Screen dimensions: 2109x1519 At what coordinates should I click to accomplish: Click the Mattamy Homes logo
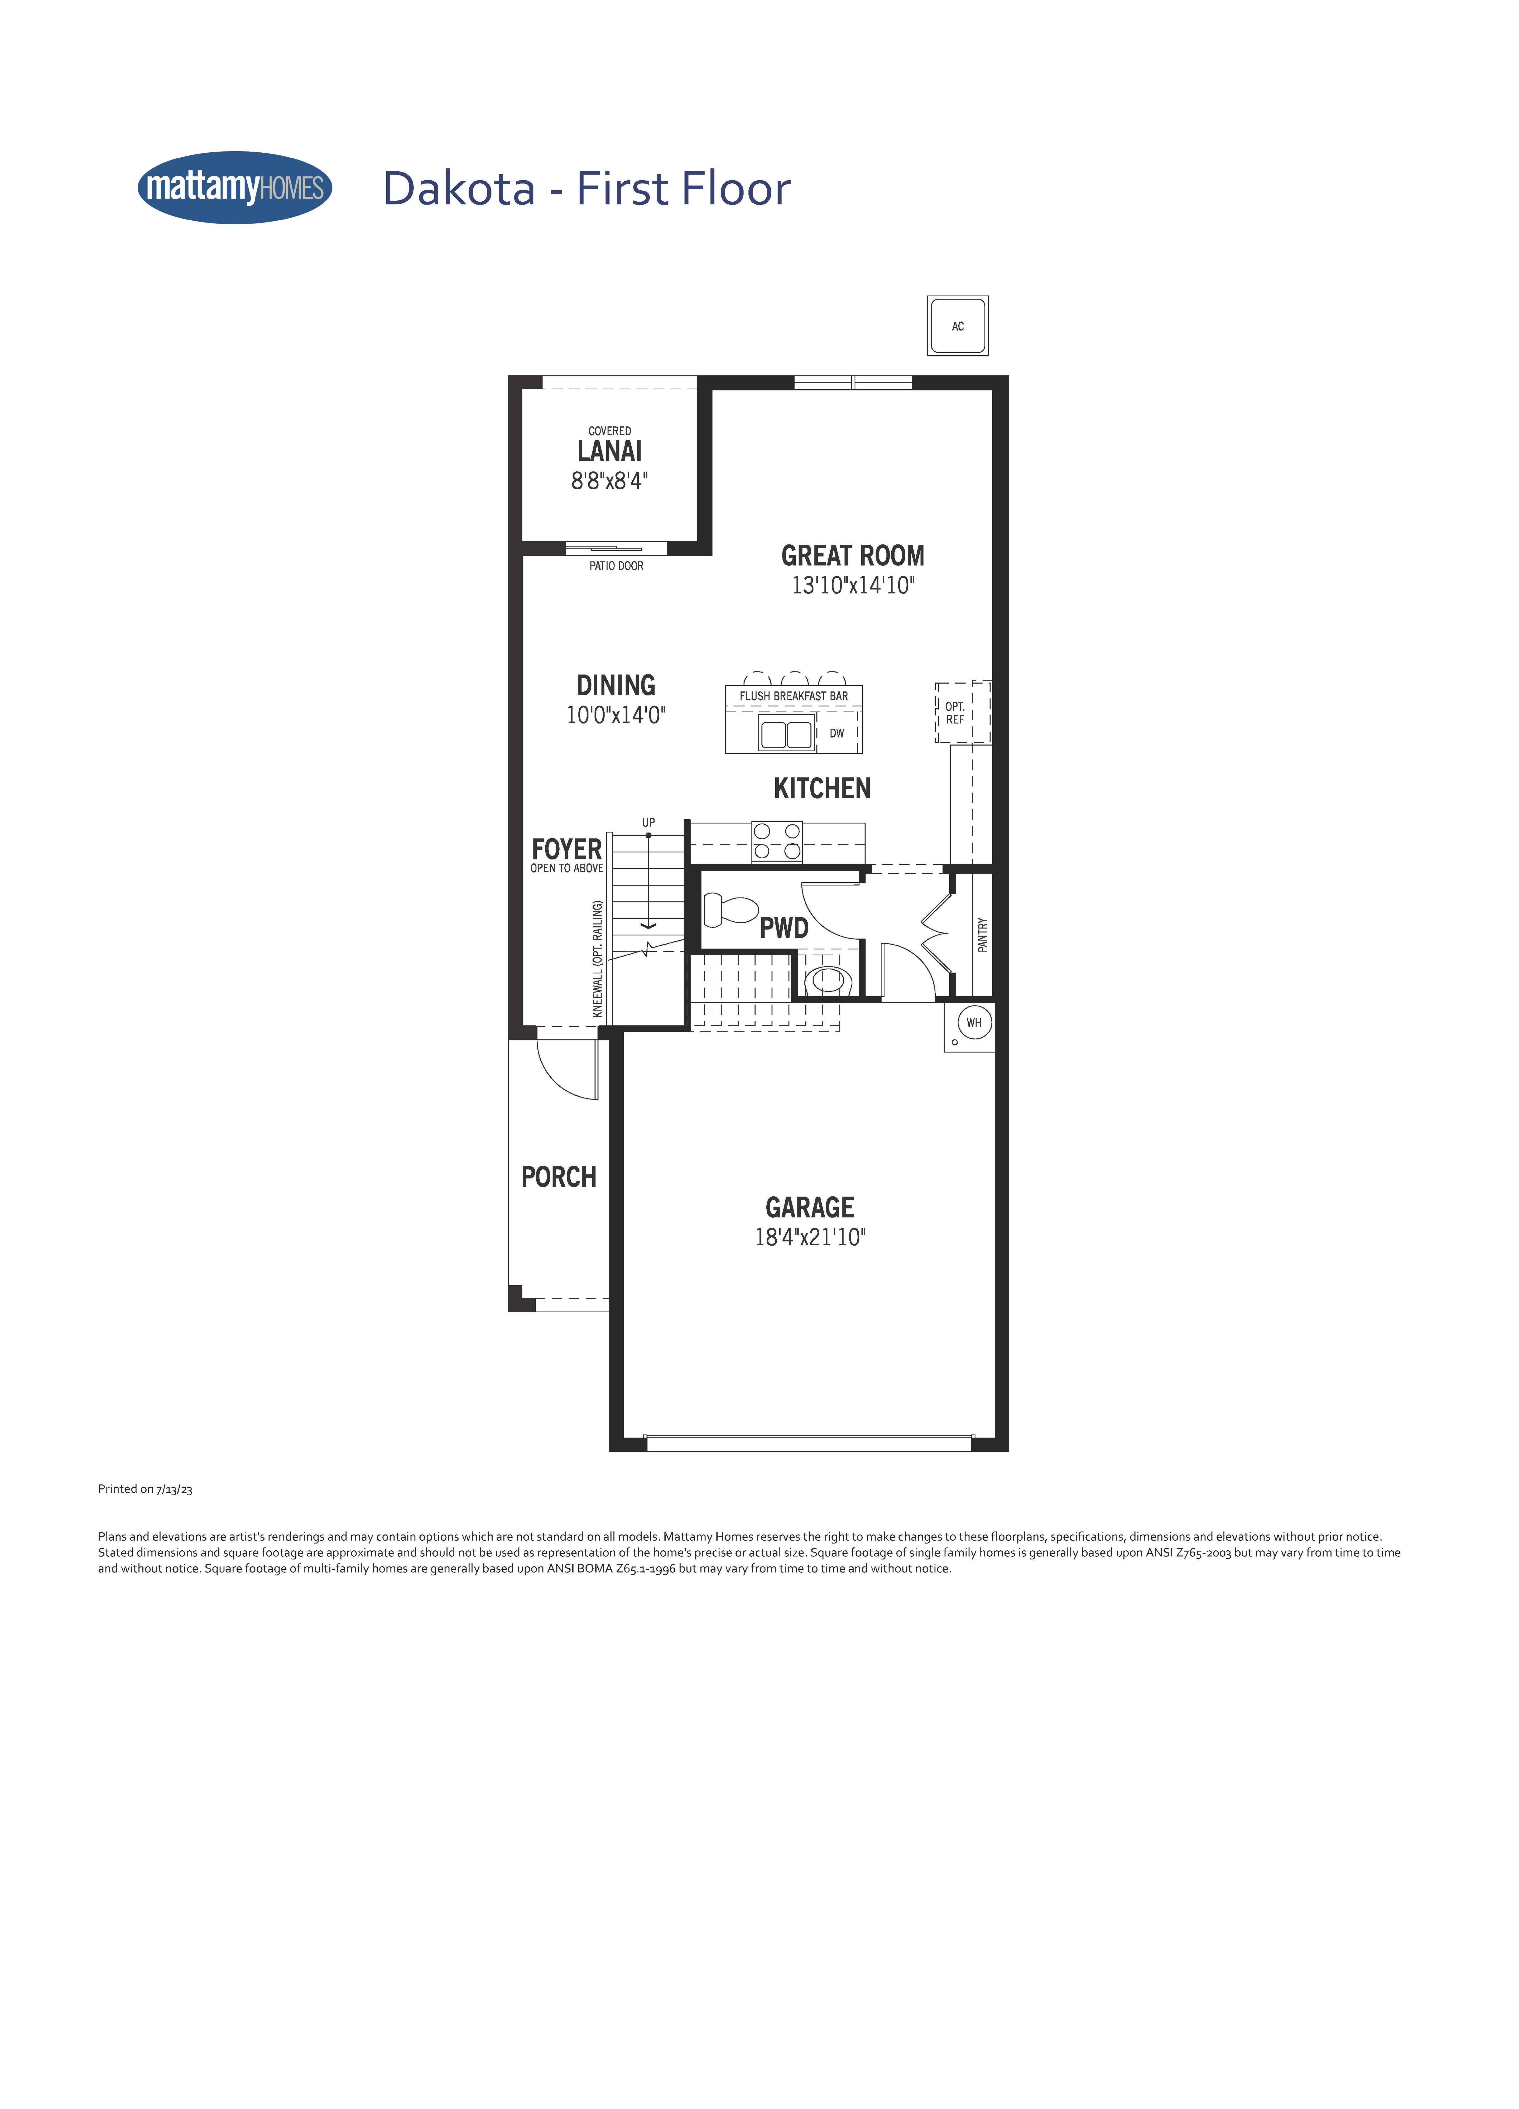click(234, 188)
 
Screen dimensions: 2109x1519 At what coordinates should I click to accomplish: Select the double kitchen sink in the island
click(786, 735)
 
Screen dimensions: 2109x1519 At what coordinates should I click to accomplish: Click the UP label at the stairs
click(648, 822)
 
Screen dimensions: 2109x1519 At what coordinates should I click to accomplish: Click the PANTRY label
click(982, 935)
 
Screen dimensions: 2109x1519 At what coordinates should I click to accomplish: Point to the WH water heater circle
click(974, 1023)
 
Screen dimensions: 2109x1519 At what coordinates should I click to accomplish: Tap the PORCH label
click(558, 1177)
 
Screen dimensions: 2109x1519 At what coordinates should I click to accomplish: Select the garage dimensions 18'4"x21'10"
click(809, 1237)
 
